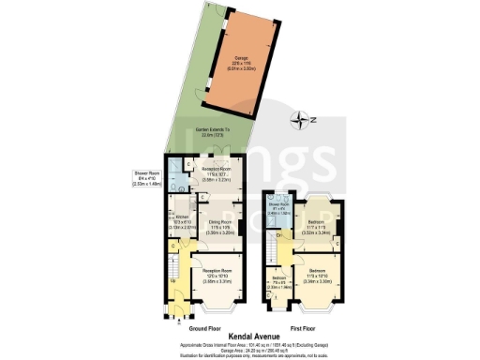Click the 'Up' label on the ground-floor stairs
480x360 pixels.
pyautogui.click(x=173, y=281)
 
